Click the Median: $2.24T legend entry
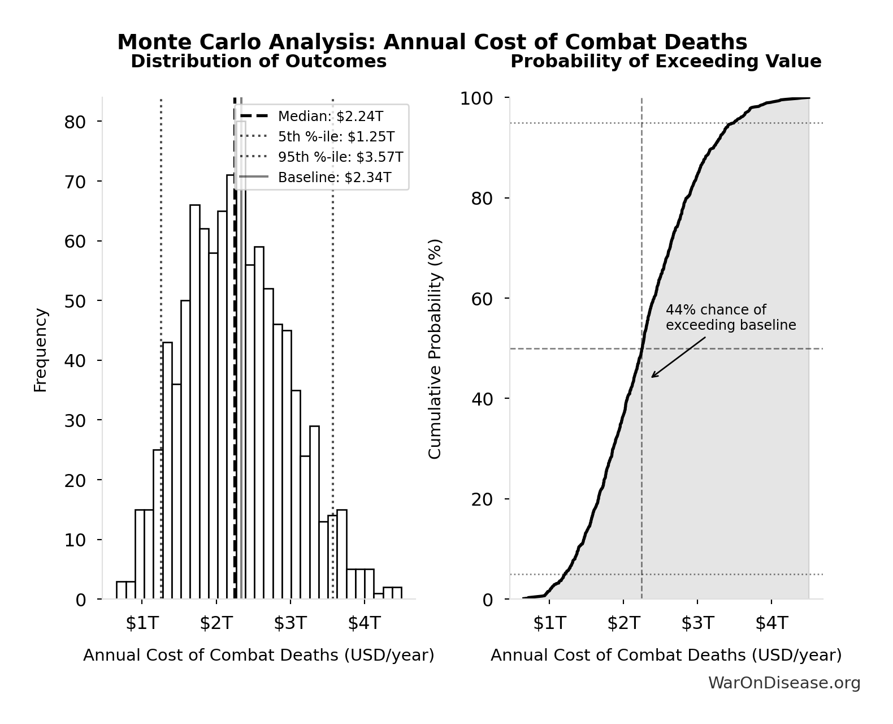click(x=330, y=117)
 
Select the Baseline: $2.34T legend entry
click(x=334, y=178)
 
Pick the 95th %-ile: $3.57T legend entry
click(x=340, y=157)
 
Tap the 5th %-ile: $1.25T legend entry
click(x=336, y=137)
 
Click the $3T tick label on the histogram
click(x=290, y=623)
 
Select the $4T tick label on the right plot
click(x=771, y=623)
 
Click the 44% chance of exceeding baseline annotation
click(x=730, y=318)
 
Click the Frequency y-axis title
click(x=40, y=350)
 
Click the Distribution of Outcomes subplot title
click(x=259, y=62)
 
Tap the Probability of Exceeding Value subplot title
click(x=666, y=62)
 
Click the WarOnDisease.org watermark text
click(x=784, y=683)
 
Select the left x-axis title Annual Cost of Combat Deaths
click(x=259, y=656)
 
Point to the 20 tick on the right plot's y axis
click(x=482, y=499)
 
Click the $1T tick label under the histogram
click(x=142, y=623)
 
